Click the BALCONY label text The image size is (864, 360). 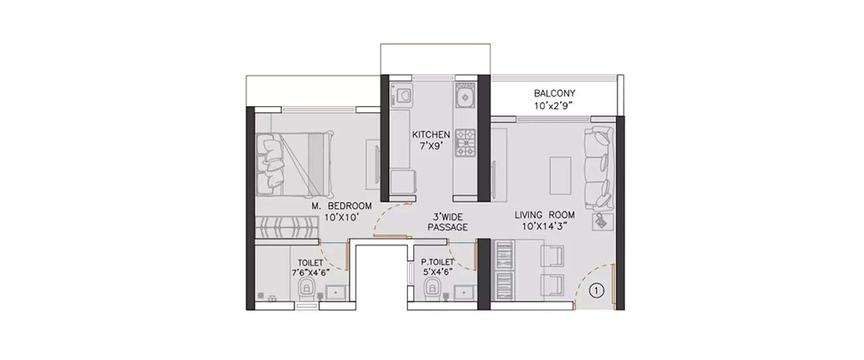(554, 93)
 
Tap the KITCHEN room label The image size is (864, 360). (430, 135)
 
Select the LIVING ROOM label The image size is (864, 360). (545, 215)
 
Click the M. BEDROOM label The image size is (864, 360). (342, 206)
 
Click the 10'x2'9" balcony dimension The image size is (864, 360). (554, 105)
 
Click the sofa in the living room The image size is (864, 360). (599, 170)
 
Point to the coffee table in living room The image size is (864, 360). (560, 175)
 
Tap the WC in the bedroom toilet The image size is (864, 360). (306, 290)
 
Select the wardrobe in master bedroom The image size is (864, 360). (286, 225)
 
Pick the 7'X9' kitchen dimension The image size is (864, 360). (430, 146)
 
